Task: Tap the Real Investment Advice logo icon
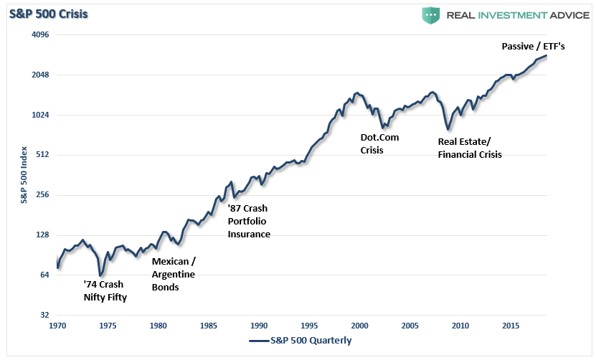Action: [x=430, y=15]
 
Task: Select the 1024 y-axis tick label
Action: [x=37, y=115]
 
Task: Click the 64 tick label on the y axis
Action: [x=41, y=275]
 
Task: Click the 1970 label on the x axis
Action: [x=57, y=326]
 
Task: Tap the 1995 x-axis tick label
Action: [x=309, y=326]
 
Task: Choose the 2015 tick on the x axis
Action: [x=511, y=326]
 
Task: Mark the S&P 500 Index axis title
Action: [x=24, y=175]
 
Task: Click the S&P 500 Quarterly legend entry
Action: [x=301, y=341]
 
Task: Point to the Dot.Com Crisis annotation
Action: [x=379, y=143]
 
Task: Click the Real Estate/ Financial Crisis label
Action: [x=469, y=147]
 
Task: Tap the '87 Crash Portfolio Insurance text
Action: [x=249, y=221]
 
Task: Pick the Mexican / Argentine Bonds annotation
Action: [x=174, y=274]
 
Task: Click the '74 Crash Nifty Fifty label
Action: [x=105, y=290]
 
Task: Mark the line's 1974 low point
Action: [x=101, y=275]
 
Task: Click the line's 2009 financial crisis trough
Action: [x=448, y=130]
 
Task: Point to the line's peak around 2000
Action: [x=356, y=93]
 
